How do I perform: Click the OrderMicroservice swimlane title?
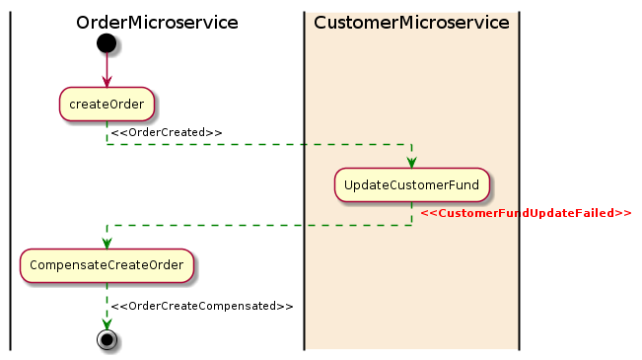pyautogui.click(x=157, y=23)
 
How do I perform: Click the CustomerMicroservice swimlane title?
pyautogui.click(x=411, y=23)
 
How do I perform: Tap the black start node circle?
pyautogui.click(x=107, y=43)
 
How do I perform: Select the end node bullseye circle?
pyautogui.click(x=107, y=339)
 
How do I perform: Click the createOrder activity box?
pyautogui.click(x=107, y=103)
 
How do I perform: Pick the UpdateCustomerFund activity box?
pyautogui.click(x=411, y=184)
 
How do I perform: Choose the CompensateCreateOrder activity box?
pyautogui.click(x=107, y=265)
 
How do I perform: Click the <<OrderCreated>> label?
pyautogui.click(x=167, y=132)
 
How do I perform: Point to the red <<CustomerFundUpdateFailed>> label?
pyautogui.click(x=526, y=213)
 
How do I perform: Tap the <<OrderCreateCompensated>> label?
pyautogui.click(x=202, y=306)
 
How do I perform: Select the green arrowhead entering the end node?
pyautogui.click(x=107, y=324)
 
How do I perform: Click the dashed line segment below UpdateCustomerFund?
pyautogui.click(x=411, y=214)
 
